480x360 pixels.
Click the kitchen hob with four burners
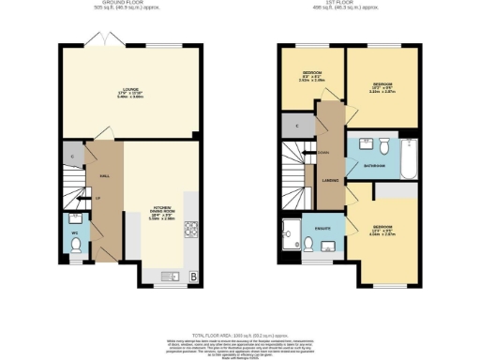[191, 227]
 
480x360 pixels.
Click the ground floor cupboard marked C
[71, 155]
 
